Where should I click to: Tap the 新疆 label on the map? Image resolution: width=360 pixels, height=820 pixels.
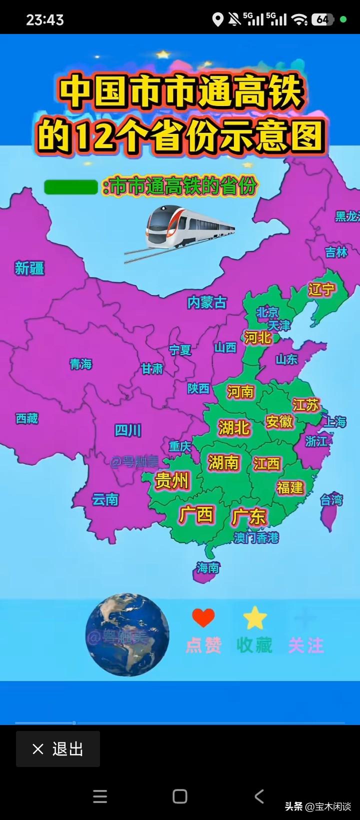(29, 268)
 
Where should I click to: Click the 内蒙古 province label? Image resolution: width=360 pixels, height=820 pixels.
(206, 302)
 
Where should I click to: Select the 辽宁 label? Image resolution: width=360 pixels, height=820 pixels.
(321, 289)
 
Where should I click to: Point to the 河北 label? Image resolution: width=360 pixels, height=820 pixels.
(257, 338)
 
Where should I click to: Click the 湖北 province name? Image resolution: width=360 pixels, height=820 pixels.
(234, 427)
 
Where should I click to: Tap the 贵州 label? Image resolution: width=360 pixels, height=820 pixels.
(171, 480)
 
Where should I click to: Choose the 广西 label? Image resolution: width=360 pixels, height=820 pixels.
(196, 514)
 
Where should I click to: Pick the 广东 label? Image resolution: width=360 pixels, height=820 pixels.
(249, 516)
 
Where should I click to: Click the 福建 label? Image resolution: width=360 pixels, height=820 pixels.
(290, 487)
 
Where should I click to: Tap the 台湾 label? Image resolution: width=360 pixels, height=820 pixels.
(331, 499)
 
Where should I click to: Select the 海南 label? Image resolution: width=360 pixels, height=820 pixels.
(208, 568)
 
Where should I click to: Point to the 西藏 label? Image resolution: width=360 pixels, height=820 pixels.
(27, 418)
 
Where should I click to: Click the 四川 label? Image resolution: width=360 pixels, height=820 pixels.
(128, 430)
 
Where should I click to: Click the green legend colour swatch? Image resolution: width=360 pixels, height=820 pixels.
(70, 187)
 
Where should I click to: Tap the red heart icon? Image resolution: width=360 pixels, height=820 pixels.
(203, 618)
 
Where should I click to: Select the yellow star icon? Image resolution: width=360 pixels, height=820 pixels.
(255, 618)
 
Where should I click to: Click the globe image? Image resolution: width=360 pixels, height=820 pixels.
(126, 635)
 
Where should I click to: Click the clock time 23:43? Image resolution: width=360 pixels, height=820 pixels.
(45, 20)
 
